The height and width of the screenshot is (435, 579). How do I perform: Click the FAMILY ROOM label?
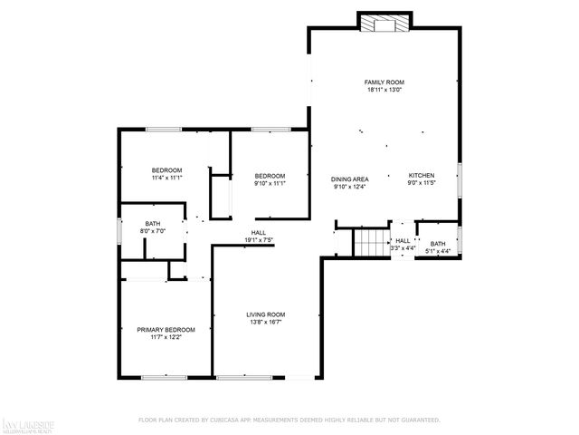(x=384, y=82)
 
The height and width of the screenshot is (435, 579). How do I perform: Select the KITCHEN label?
(x=422, y=175)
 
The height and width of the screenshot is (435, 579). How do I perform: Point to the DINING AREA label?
(x=348, y=179)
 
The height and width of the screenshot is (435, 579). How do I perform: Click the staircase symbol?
(x=370, y=243)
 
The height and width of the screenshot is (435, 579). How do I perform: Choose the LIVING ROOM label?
(x=266, y=314)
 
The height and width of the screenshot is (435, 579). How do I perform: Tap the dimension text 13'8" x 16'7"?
(x=266, y=322)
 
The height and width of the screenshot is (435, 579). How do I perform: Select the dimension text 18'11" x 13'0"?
(x=384, y=90)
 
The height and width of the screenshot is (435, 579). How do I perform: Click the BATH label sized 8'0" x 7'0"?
(x=154, y=224)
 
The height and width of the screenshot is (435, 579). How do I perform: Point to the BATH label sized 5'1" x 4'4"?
(x=438, y=243)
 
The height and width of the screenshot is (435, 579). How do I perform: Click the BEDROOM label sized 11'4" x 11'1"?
(x=166, y=170)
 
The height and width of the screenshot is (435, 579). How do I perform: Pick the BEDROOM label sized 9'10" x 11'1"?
(x=270, y=175)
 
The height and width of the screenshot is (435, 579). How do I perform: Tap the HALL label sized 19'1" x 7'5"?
(x=258, y=232)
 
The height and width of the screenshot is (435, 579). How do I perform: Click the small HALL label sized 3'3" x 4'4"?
(x=403, y=240)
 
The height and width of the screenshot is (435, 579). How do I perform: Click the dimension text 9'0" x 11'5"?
(x=422, y=183)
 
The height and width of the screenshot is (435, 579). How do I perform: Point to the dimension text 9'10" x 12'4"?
(x=348, y=188)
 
